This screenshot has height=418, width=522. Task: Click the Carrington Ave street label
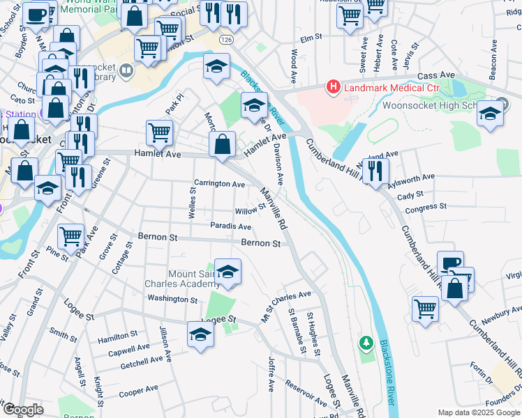click(219, 185)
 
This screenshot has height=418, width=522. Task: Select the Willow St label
click(251, 210)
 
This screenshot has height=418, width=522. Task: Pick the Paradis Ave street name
click(230, 226)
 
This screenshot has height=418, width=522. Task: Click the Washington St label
click(172, 299)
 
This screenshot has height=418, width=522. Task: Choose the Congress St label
click(425, 208)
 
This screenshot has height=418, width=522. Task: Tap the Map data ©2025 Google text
click(478, 412)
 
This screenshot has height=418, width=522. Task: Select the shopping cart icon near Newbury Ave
click(425, 307)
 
